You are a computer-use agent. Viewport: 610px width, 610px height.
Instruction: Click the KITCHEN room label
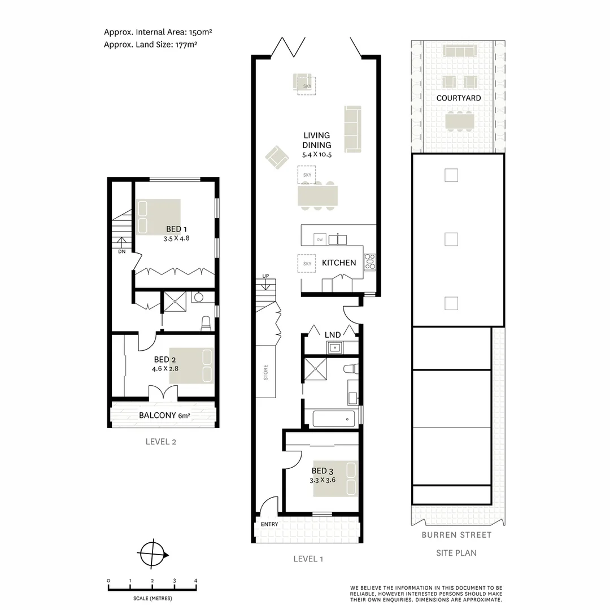(339, 263)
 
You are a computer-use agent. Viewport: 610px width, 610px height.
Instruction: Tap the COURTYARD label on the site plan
(459, 98)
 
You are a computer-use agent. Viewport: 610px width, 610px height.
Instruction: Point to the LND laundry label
(333, 335)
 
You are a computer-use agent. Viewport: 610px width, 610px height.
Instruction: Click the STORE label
(265, 373)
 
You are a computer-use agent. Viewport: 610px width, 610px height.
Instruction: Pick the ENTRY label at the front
(269, 524)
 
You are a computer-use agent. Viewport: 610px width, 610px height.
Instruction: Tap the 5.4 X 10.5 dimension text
(316, 155)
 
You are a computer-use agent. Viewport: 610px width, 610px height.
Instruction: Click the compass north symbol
(153, 553)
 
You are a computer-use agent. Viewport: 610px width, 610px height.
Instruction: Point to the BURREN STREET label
(457, 535)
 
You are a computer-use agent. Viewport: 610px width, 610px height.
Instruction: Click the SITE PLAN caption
(456, 553)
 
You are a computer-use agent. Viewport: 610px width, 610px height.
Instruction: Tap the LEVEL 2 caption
(161, 442)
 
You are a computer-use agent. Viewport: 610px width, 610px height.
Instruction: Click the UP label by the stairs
(265, 276)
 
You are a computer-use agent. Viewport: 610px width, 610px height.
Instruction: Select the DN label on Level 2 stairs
(121, 252)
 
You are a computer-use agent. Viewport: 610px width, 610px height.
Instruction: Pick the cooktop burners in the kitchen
(371, 261)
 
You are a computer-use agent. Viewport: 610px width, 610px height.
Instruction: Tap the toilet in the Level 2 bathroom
(206, 323)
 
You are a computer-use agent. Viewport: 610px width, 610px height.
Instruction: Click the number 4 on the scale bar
(195, 581)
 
